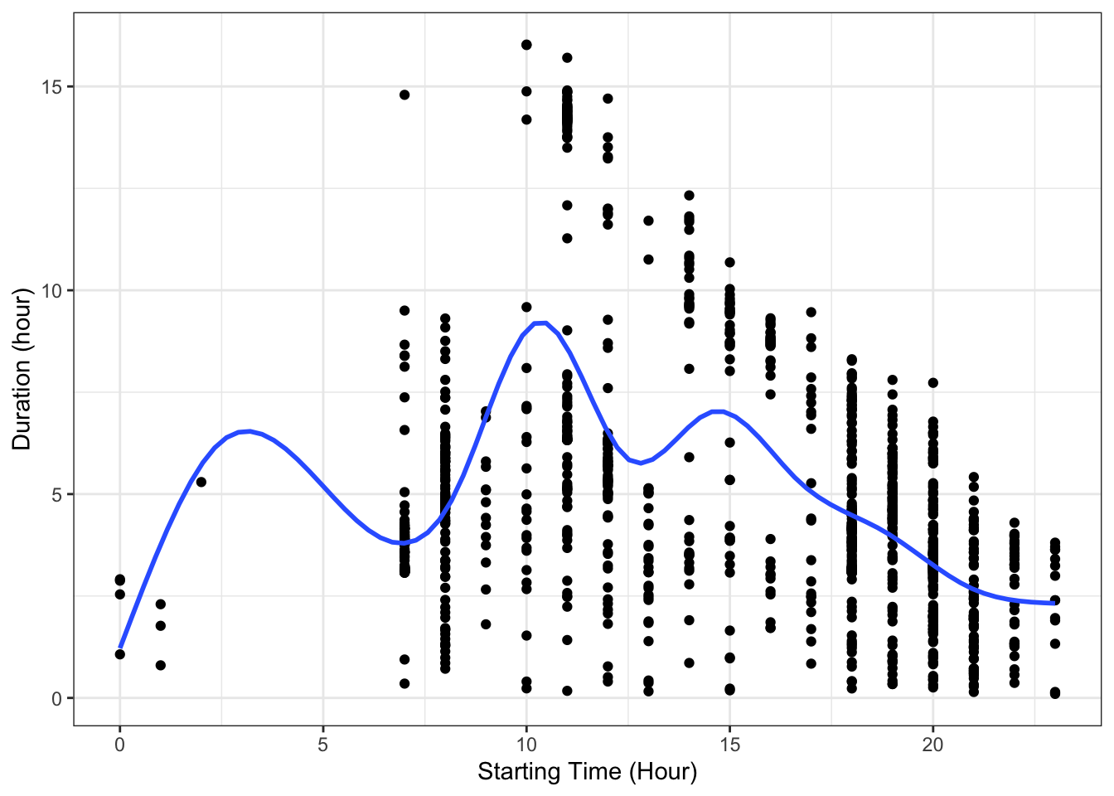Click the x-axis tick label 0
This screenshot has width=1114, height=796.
point(119,745)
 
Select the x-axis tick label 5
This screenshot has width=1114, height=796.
point(323,745)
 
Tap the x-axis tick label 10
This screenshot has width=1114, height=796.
point(526,745)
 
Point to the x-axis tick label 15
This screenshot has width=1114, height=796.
point(729,745)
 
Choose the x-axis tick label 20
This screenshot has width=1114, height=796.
point(933,745)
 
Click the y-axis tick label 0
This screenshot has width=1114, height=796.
point(56,698)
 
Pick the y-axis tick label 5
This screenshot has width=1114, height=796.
point(56,494)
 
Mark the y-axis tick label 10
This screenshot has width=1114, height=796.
point(51,290)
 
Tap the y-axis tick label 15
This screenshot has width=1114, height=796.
point(51,86)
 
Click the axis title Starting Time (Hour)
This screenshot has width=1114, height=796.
point(587,773)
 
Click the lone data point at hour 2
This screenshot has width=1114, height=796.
point(201,482)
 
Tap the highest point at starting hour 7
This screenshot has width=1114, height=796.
point(404,95)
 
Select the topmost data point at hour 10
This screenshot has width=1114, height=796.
point(526,45)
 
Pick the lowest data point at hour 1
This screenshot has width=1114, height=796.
point(161,665)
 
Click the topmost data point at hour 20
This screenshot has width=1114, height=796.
point(933,382)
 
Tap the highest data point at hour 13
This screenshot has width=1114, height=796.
point(648,221)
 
